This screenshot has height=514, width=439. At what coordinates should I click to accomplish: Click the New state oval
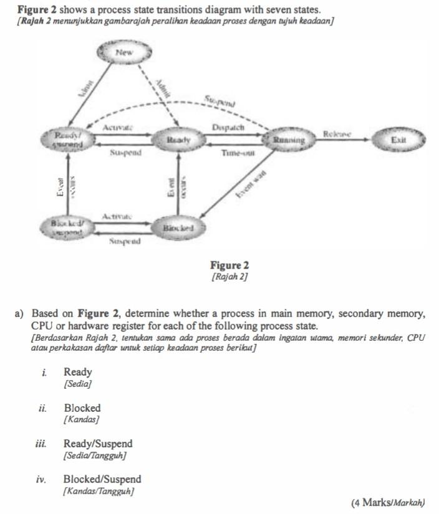(x=124, y=54)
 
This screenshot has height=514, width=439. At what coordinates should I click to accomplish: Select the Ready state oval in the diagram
(x=178, y=141)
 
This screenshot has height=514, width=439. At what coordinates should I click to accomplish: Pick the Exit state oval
(x=398, y=140)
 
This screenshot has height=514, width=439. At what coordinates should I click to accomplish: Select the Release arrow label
(x=337, y=134)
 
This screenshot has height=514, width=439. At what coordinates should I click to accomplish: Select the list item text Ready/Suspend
(x=98, y=444)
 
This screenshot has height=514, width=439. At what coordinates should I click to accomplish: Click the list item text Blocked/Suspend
(x=102, y=479)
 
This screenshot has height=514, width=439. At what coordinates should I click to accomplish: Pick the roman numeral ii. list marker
(x=42, y=409)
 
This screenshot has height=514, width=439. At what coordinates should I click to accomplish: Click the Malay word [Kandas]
(x=82, y=420)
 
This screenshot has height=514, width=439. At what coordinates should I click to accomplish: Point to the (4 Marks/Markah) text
(x=388, y=502)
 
